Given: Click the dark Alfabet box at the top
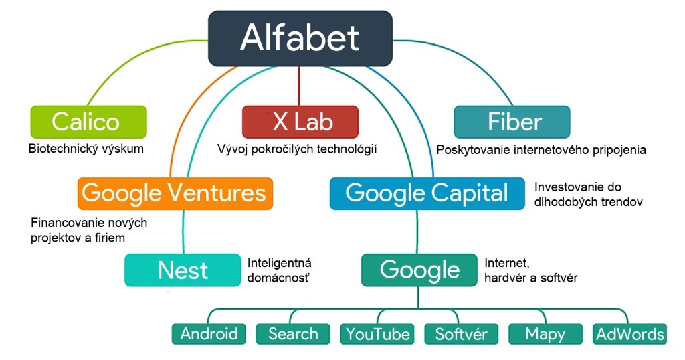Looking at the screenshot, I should pos(299,38).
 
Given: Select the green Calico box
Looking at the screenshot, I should pos(88,122).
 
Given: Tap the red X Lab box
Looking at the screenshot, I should pos(299,122).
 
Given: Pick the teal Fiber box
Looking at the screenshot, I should pos(512,122).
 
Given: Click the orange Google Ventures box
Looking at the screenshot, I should pos(175,193).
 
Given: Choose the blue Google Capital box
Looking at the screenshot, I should pos(427,193).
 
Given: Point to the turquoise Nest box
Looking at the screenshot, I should pos(182,270).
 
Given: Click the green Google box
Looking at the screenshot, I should pos(419,270).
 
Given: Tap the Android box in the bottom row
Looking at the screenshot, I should pos(209,333).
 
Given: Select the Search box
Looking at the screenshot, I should pos(293,333).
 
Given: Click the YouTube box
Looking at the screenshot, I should pos(377,333).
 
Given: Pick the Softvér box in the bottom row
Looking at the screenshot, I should pos(462,333).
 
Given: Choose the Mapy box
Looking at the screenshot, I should pos(546,333).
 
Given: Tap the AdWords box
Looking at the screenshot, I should pos(629,333).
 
